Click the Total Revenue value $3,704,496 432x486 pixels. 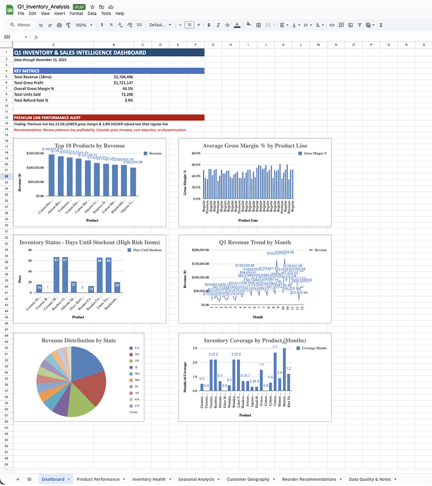[124, 77]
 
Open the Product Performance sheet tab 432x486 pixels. [98, 479]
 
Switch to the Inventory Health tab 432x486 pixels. [149, 479]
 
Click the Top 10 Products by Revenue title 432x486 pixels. [89, 146]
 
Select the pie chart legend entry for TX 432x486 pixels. [137, 360]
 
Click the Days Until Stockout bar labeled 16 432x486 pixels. [39, 289]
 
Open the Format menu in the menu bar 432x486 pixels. [76, 13]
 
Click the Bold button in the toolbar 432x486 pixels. [209, 25]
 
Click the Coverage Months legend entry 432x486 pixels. [314, 348]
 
